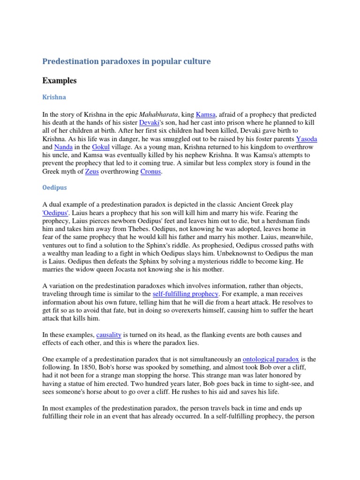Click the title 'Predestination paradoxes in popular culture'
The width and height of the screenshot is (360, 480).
(127, 61)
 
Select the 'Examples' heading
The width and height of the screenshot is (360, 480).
(59, 81)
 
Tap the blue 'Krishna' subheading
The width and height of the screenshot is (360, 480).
(54, 97)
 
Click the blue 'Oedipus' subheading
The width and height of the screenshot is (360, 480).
(54, 187)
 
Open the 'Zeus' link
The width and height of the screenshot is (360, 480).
(92, 172)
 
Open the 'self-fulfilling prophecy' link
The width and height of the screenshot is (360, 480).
(186, 294)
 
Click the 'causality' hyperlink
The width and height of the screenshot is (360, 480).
(109, 335)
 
